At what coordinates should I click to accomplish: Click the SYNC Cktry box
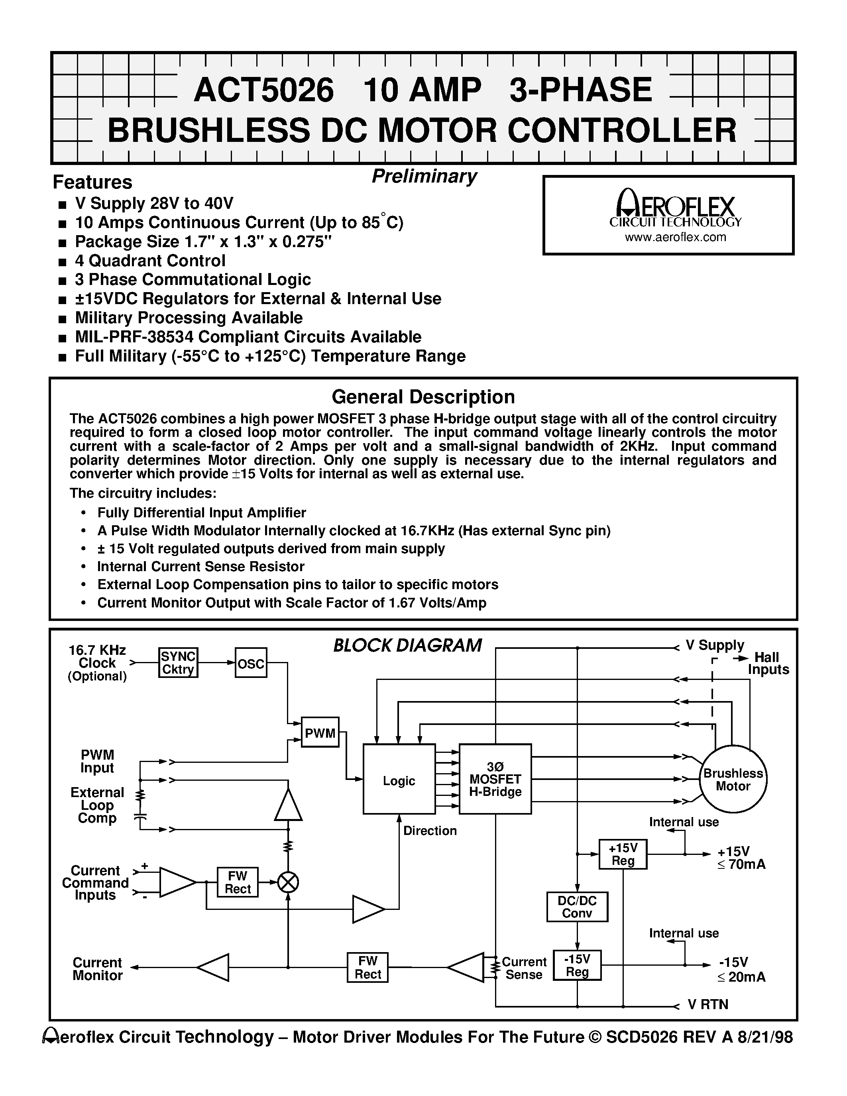click(178, 662)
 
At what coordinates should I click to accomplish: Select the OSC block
click(251, 662)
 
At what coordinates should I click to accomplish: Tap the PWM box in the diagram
click(320, 732)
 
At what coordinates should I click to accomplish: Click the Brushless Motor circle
click(733, 779)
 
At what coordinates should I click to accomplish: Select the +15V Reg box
click(623, 854)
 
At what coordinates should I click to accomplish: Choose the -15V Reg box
click(577, 965)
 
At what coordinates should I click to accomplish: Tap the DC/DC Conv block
click(577, 907)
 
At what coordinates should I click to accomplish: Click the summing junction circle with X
click(288, 882)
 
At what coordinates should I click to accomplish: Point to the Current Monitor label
click(97, 968)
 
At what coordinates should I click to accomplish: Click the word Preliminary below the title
click(424, 176)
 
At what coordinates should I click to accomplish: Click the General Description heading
click(423, 397)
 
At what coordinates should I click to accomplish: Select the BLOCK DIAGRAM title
click(407, 645)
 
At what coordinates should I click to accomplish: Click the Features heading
click(92, 182)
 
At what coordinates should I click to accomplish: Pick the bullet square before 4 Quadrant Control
click(62, 262)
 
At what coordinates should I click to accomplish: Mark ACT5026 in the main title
click(263, 90)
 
